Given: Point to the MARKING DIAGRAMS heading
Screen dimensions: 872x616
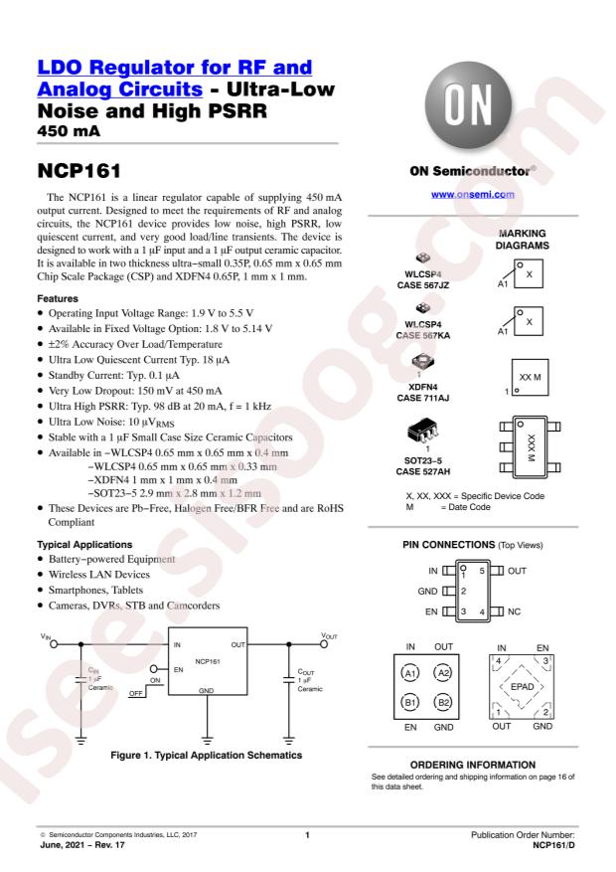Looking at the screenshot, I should coord(537,242).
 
